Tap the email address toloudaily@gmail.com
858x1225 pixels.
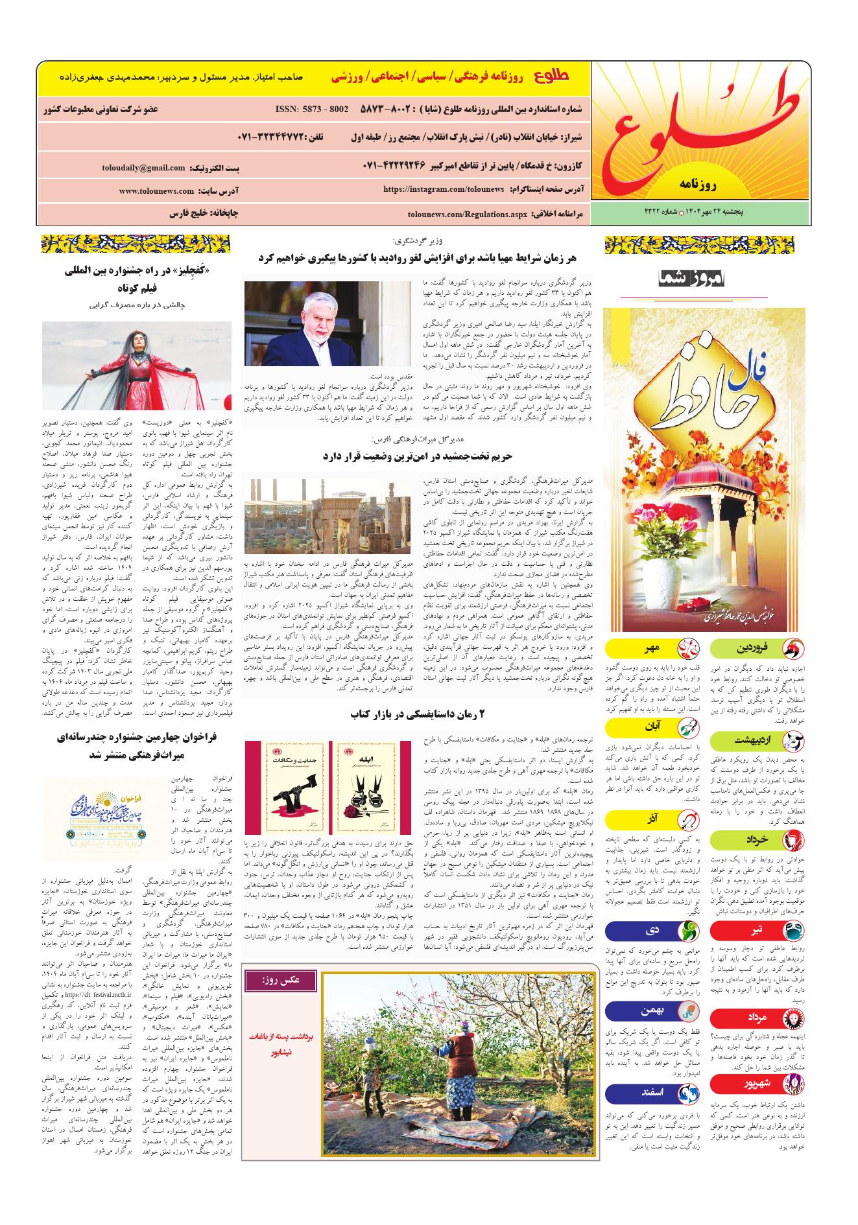[x=143, y=168]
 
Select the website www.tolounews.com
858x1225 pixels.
[x=156, y=191]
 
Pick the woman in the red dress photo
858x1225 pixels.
[x=136, y=368]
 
